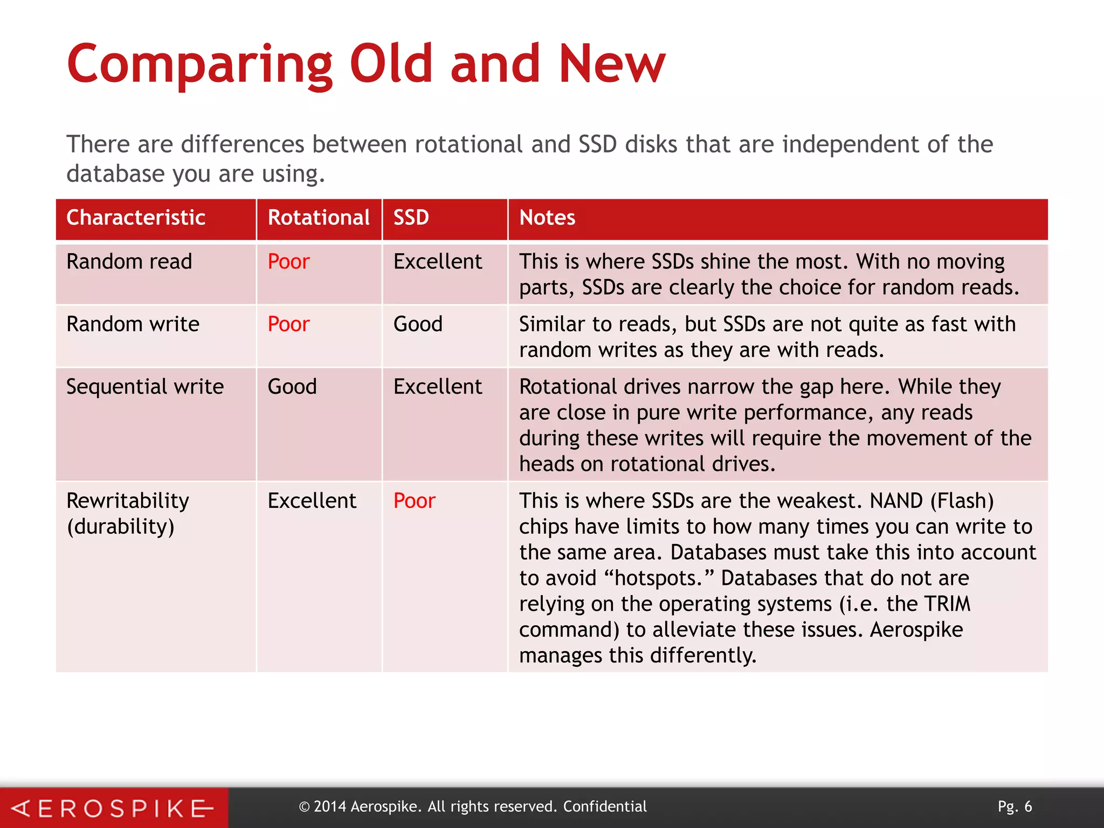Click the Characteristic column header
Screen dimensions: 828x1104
[136, 218]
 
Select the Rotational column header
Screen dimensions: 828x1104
[319, 218]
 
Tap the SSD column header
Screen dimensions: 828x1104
[411, 218]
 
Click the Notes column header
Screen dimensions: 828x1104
[547, 218]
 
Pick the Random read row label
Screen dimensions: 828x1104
[129, 262]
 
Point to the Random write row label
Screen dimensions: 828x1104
[133, 325]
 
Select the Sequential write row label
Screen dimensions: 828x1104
[145, 387]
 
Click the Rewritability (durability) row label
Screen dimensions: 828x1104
[128, 514]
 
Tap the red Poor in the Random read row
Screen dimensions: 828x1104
[288, 262]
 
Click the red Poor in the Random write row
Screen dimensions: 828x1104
[288, 325]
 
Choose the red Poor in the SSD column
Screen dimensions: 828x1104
[414, 501]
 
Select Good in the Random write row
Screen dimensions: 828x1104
[418, 325]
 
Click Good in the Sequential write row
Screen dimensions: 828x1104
[292, 387]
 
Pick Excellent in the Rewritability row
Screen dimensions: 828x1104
[312, 501]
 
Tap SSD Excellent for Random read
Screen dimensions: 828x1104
[438, 262]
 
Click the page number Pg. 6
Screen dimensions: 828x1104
[1015, 806]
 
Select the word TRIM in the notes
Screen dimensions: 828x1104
[947, 604]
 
